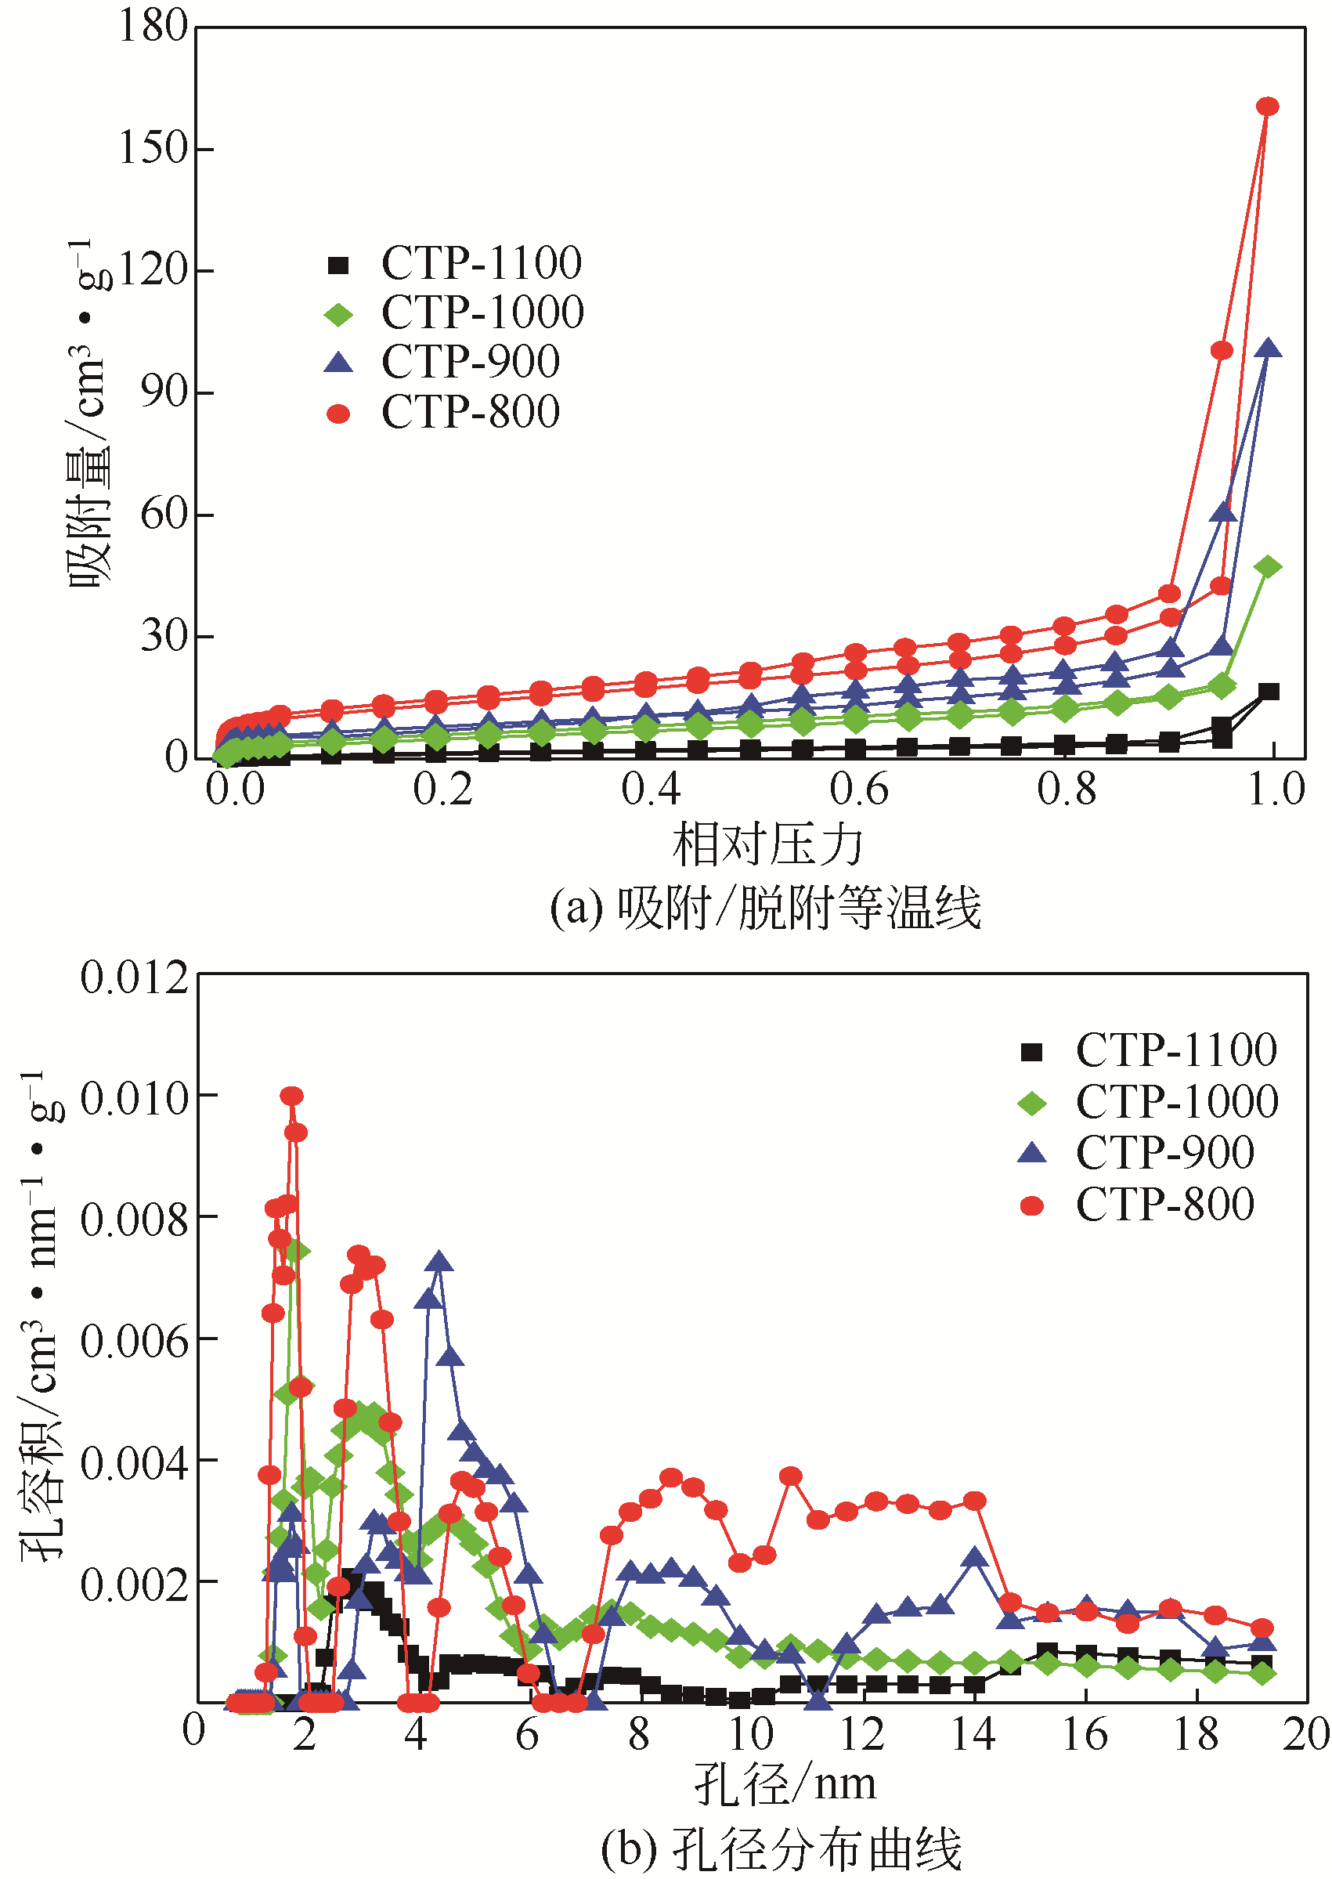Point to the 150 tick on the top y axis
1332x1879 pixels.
(153, 149)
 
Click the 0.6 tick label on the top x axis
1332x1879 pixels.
(858, 789)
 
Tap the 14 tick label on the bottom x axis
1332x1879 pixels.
(973, 1734)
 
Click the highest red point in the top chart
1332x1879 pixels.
(1268, 107)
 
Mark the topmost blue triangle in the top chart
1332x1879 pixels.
(1268, 349)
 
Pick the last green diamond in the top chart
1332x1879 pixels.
(1268, 567)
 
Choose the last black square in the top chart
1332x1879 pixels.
(1269, 692)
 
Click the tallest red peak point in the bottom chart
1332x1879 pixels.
(291, 1096)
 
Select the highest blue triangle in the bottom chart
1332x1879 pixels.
(440, 1260)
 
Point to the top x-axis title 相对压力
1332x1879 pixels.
(767, 845)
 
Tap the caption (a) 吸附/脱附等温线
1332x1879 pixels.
(765, 909)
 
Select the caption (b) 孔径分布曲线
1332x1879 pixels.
(781, 1848)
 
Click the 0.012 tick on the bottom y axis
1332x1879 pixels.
(135, 977)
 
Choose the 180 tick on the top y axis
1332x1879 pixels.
(153, 27)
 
